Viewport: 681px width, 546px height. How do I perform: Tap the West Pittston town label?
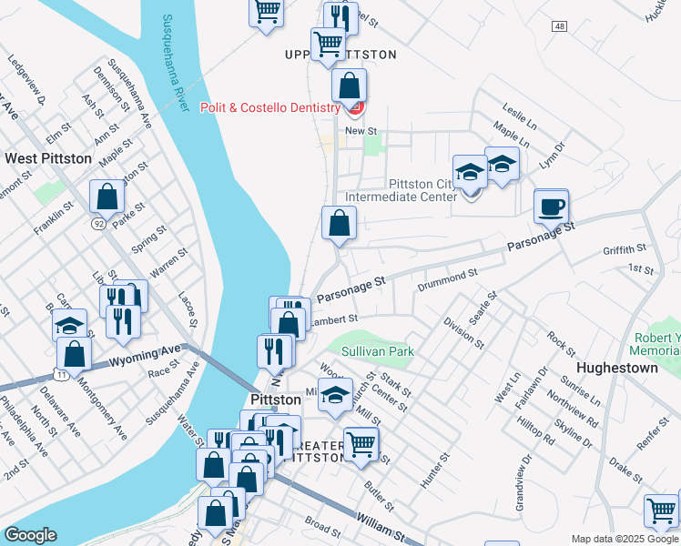(48, 158)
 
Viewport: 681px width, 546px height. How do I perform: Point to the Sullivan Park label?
(378, 351)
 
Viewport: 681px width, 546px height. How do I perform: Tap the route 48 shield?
(558, 26)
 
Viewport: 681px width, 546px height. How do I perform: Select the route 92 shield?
(97, 222)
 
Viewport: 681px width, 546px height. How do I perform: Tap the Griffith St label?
(624, 248)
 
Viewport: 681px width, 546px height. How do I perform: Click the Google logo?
(29, 535)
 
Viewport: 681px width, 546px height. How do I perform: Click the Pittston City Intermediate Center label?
(401, 190)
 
